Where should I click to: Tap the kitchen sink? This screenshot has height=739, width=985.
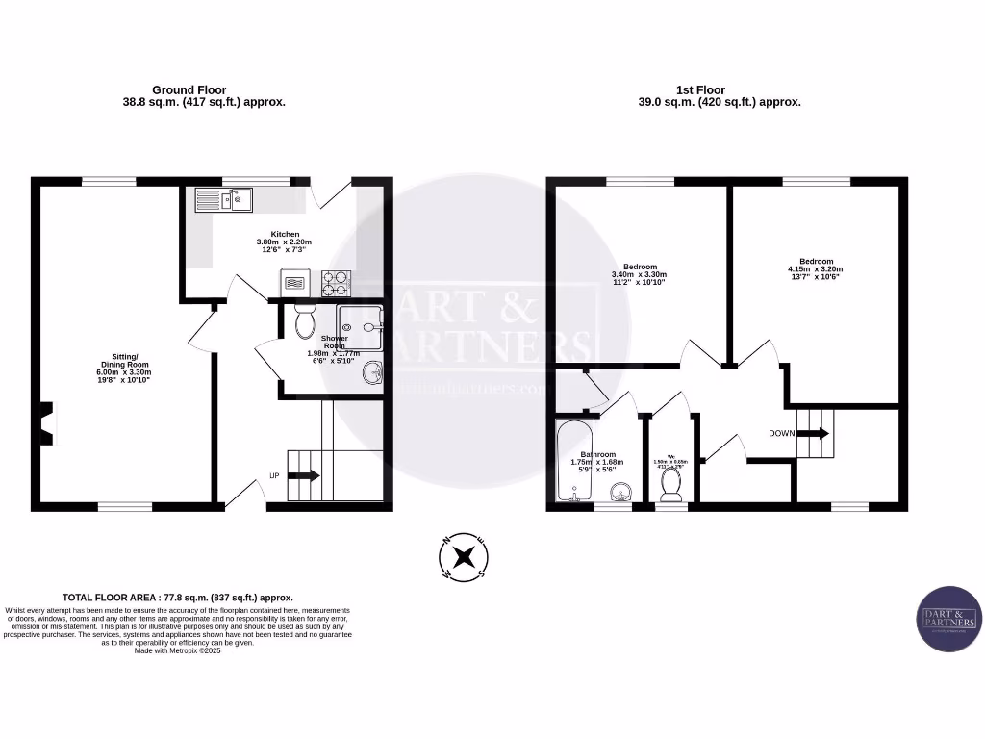click(x=223, y=199)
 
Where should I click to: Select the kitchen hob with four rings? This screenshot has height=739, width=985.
click(x=337, y=283)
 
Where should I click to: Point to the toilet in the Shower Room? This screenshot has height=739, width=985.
click(x=305, y=321)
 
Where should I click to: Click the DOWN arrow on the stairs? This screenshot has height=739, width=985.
click(x=812, y=433)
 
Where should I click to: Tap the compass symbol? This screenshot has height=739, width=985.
click(x=465, y=557)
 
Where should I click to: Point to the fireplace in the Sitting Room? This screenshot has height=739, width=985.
click(x=45, y=422)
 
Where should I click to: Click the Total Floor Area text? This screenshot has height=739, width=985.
click(x=178, y=598)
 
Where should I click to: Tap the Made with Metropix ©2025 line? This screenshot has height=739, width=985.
click(x=178, y=650)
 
